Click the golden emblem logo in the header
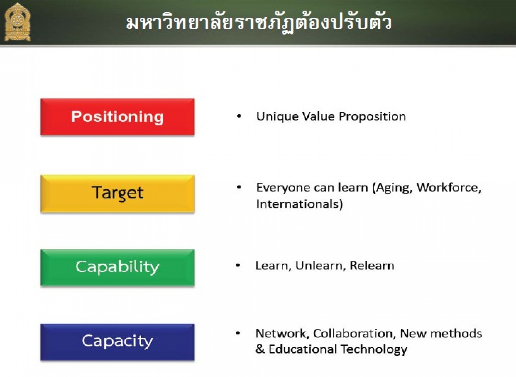tap(17, 22)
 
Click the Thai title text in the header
tap(259, 22)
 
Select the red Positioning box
tap(118, 117)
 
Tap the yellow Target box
tap(118, 194)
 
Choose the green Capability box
tap(118, 268)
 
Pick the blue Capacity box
tap(118, 342)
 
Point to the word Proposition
tap(372, 117)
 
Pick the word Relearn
tap(372, 266)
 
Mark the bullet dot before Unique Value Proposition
tap(239, 116)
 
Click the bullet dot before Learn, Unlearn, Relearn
tap(238, 266)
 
